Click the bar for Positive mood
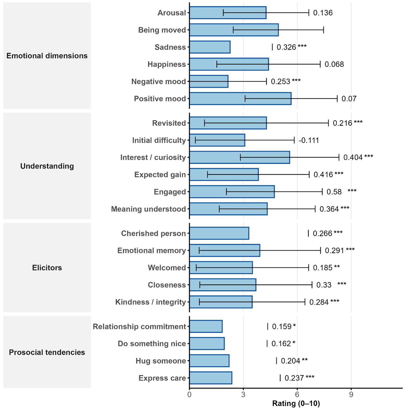pos(240,99)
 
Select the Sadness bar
pos(210,47)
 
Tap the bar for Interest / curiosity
pos(239,158)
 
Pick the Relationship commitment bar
pos(206,326)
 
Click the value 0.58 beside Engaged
pos(334,192)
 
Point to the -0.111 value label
pos(309,140)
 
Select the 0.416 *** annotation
pos(328,175)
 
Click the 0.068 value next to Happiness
pos(334,65)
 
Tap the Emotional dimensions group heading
pos(47,56)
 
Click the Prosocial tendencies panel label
pos(47,352)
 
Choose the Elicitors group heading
pos(47,268)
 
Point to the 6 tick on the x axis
pos(297,395)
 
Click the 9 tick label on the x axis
pos(351,395)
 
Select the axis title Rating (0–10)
pos(296,404)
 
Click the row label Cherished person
pos(153,233)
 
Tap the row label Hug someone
pos(161,361)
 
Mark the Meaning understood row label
pos(148,209)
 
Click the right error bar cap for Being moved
pos(323,30)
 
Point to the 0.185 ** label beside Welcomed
pos(326,268)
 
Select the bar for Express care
pos(211,378)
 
